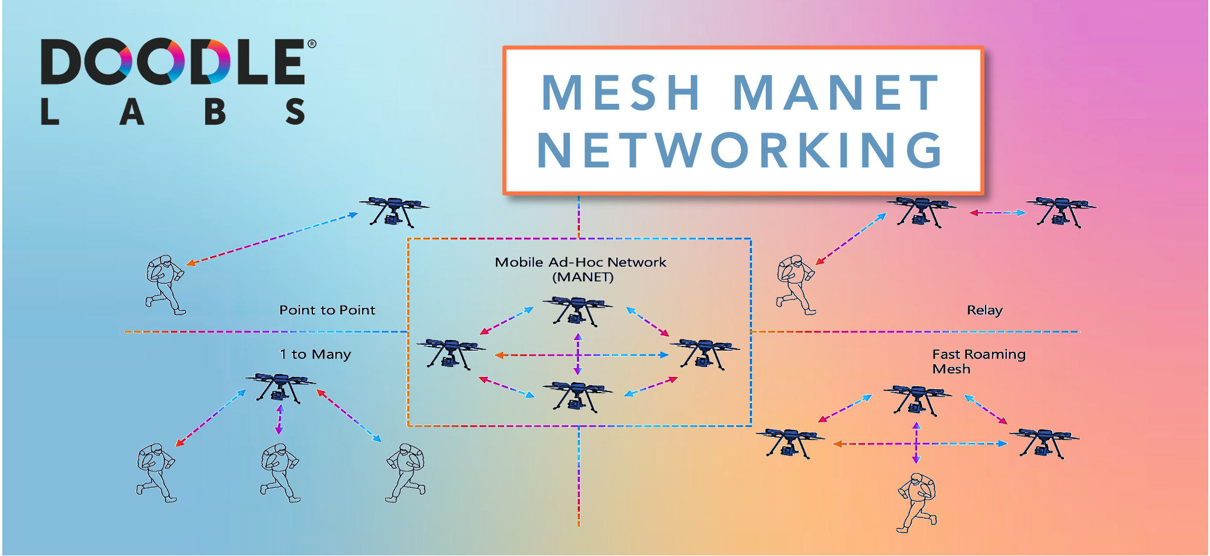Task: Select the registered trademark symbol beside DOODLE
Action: point(312,44)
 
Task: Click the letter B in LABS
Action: point(215,111)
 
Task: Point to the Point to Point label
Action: point(327,310)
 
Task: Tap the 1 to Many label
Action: point(315,354)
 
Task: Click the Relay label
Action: point(984,310)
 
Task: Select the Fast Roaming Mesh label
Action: point(978,361)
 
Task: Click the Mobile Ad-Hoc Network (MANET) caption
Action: point(581,270)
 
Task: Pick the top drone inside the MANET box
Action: point(577,311)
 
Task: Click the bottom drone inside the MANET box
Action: point(577,396)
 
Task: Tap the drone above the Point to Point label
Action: point(394,211)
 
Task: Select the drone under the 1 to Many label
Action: point(280,387)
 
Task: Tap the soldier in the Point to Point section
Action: point(164,285)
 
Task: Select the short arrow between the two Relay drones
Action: point(997,212)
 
